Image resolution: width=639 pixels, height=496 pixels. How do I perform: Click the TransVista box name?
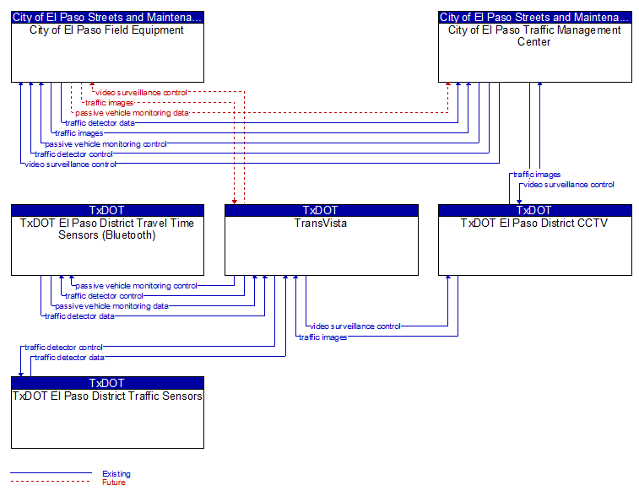[321, 224]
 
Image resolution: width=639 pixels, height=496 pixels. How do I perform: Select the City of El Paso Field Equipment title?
[106, 30]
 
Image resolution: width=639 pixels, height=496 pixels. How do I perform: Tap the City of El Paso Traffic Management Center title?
[534, 35]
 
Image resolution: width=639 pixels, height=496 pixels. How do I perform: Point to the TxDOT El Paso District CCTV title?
[534, 224]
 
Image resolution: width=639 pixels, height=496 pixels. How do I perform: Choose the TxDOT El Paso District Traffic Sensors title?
[107, 396]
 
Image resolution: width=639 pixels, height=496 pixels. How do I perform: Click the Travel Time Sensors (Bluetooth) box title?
[106, 229]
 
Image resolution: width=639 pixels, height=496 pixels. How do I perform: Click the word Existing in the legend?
[116, 473]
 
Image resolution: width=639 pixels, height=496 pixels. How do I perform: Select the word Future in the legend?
[114, 483]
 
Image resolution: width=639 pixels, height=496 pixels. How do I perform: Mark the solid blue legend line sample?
[51, 472]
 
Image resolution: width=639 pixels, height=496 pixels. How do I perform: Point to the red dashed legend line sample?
[51, 482]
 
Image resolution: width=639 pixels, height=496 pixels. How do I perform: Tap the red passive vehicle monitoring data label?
[132, 113]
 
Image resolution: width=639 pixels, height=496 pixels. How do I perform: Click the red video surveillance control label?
[142, 93]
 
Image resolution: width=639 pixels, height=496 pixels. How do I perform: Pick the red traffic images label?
[109, 103]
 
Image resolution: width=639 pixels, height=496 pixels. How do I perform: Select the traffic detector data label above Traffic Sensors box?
[69, 358]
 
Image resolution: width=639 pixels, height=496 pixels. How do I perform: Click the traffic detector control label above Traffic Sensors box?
[63, 348]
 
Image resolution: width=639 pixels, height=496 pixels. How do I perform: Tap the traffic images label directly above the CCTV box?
[537, 175]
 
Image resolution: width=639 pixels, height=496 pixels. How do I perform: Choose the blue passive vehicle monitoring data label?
[111, 306]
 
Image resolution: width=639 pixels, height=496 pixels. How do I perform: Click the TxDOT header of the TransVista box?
[321, 210]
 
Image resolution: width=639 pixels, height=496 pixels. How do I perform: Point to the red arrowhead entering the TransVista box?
[235, 202]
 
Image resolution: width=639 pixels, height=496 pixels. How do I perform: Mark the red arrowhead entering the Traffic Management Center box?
[448, 84]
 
